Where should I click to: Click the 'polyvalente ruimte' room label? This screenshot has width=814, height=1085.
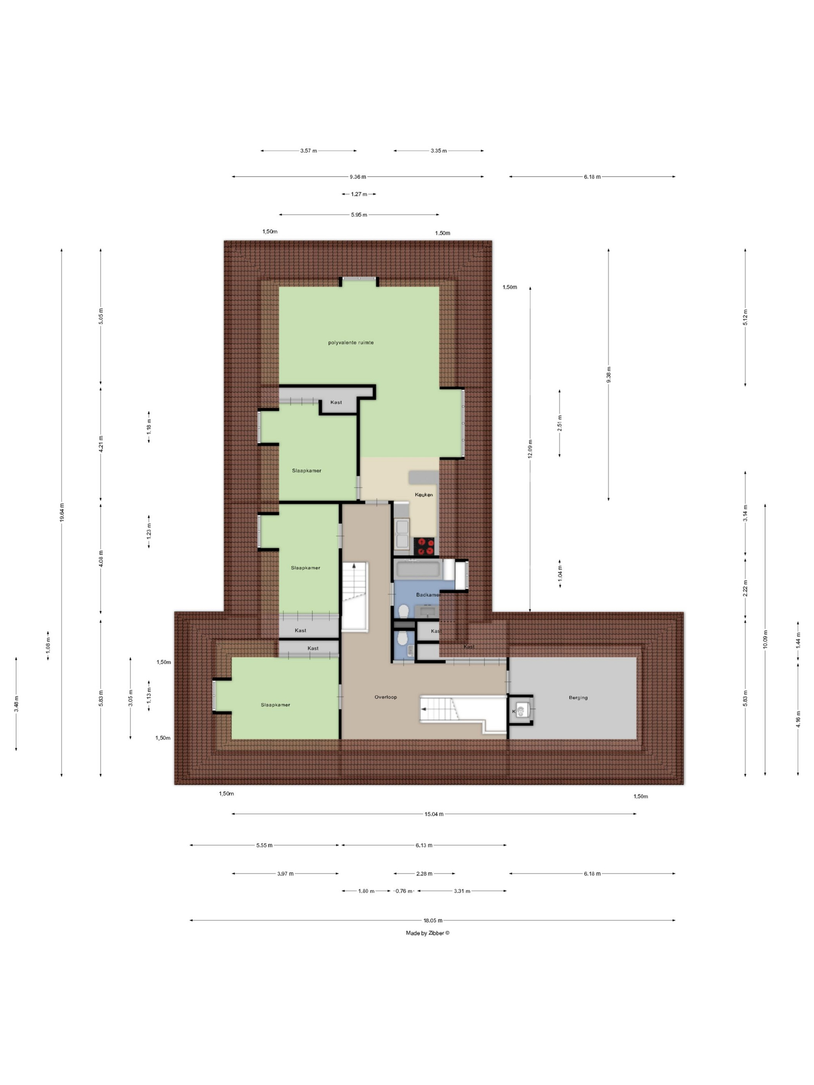[351, 343]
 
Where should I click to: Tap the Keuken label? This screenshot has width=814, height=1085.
[424, 494]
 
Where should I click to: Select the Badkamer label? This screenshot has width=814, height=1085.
[428, 594]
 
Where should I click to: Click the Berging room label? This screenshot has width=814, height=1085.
[578, 697]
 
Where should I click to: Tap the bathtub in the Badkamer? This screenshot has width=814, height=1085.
[417, 570]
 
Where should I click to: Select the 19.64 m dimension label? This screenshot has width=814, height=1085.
[62, 512]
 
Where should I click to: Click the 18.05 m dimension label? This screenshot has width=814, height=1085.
[433, 920]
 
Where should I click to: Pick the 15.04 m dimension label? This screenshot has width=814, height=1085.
[434, 814]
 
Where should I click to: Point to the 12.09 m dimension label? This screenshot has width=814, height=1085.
[530, 448]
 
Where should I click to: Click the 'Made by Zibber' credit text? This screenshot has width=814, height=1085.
[428, 933]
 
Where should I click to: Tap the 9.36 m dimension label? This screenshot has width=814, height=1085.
[358, 177]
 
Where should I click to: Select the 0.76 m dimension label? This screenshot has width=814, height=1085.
[404, 891]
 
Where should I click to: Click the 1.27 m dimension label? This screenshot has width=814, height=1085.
[359, 194]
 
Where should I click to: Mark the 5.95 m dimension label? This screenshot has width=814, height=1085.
[359, 214]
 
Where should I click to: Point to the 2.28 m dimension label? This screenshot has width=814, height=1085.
[424, 873]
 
